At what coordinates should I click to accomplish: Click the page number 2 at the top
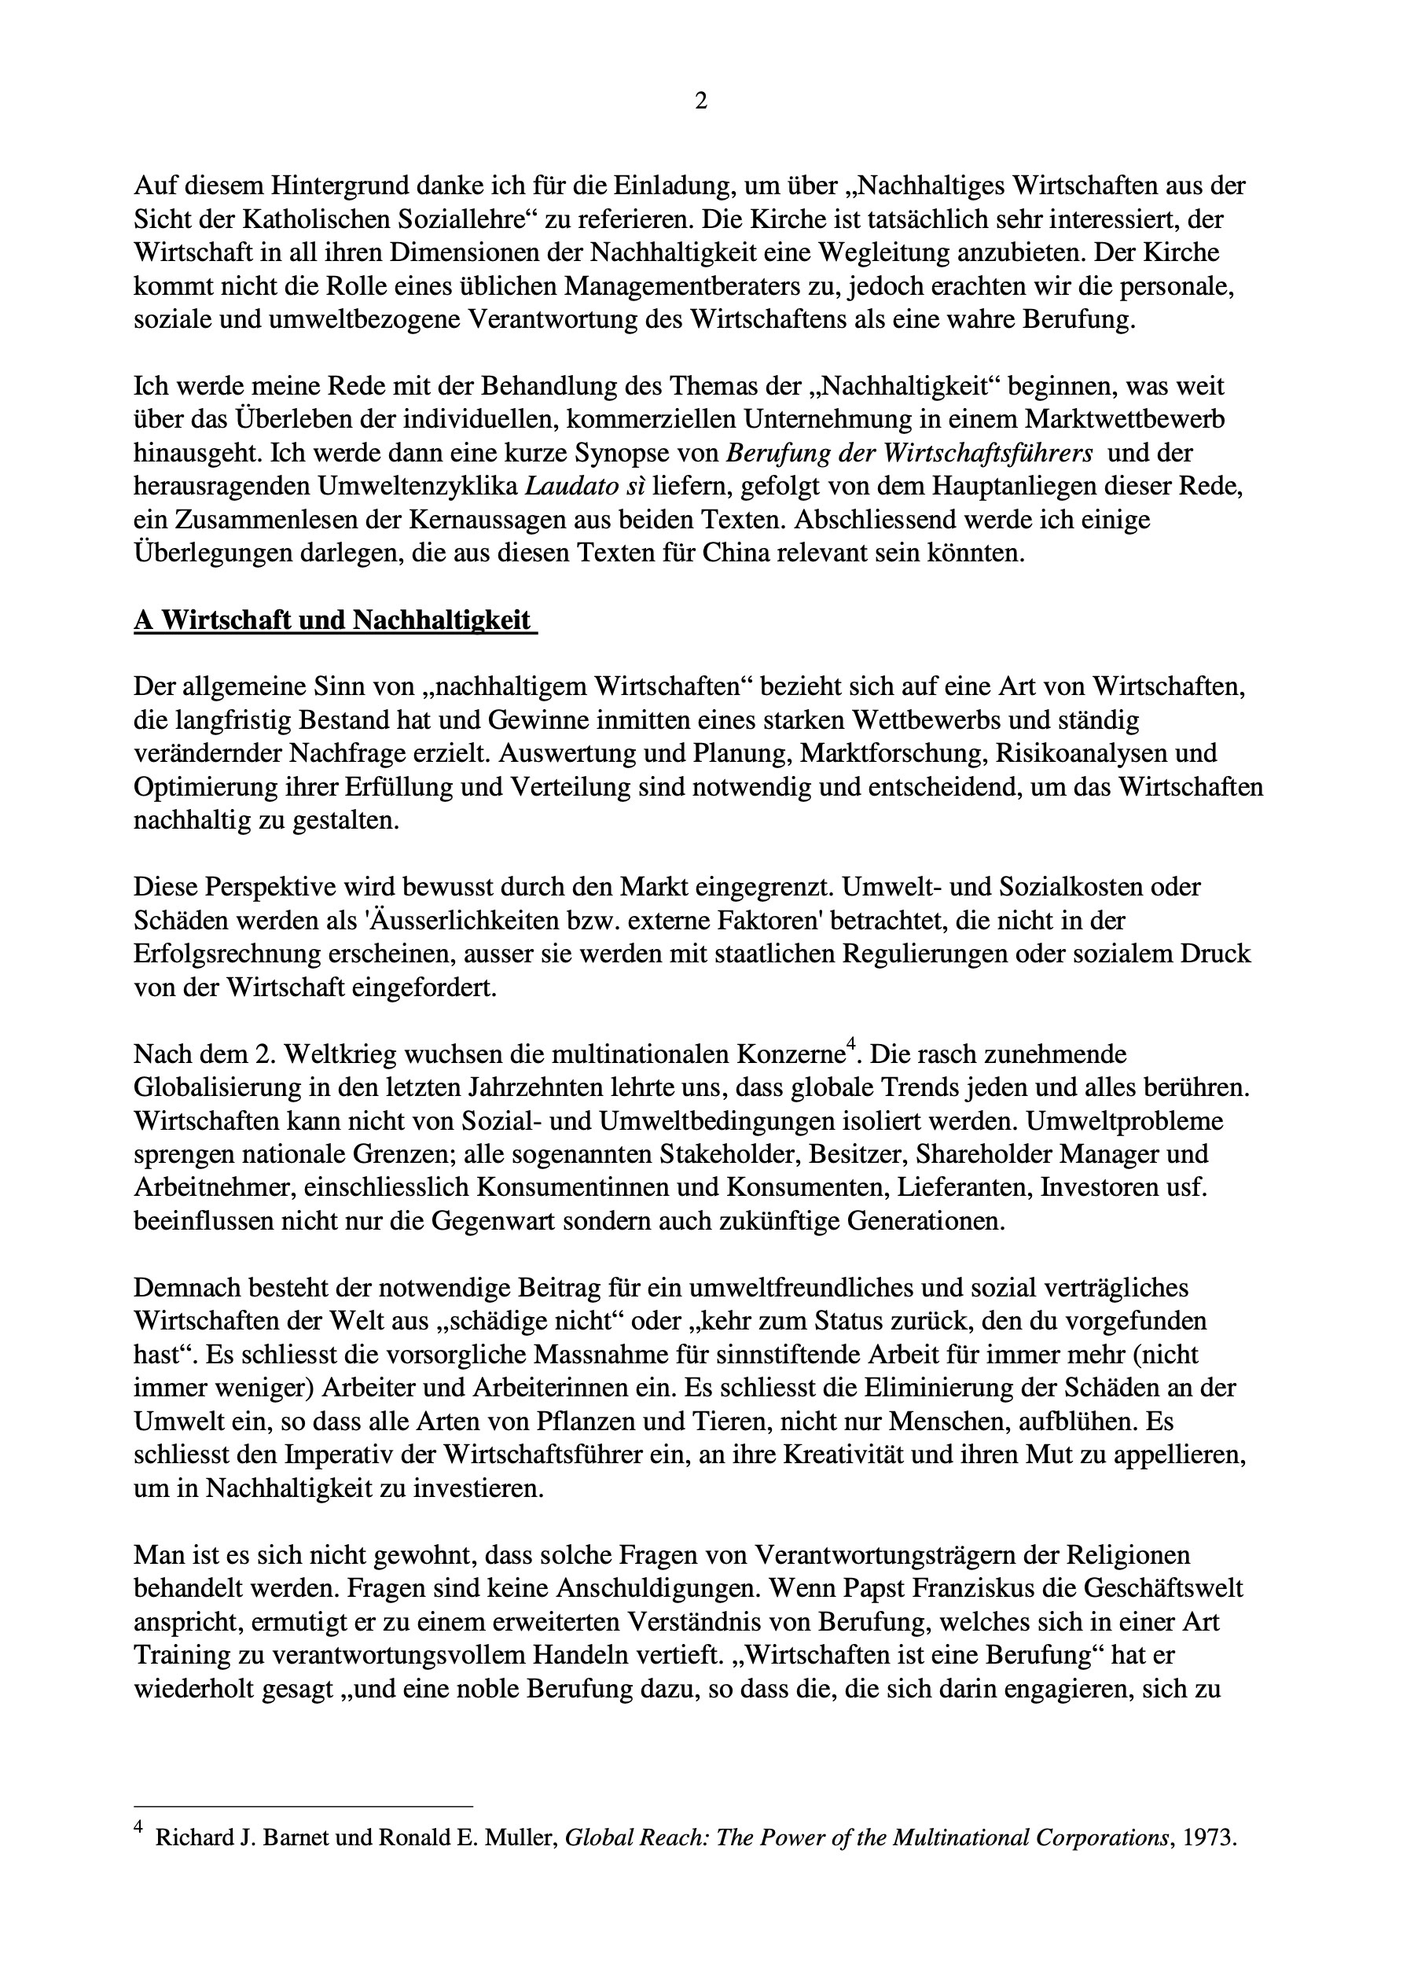700,102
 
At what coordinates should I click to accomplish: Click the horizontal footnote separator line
303,1807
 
